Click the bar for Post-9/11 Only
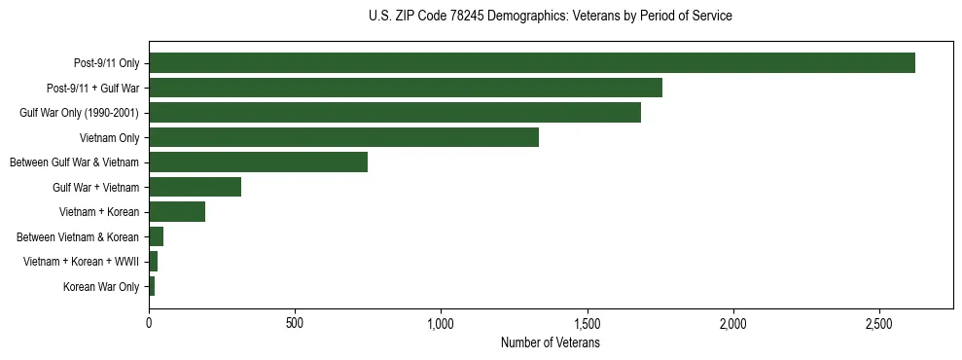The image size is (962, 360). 532,63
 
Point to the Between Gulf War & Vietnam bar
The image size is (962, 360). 258,162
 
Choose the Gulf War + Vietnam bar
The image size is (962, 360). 195,187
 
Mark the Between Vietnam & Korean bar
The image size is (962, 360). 156,236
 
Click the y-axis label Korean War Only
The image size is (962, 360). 101,287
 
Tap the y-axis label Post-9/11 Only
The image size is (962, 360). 106,63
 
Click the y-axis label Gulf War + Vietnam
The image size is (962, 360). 95,187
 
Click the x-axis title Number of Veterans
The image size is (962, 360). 551,342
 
